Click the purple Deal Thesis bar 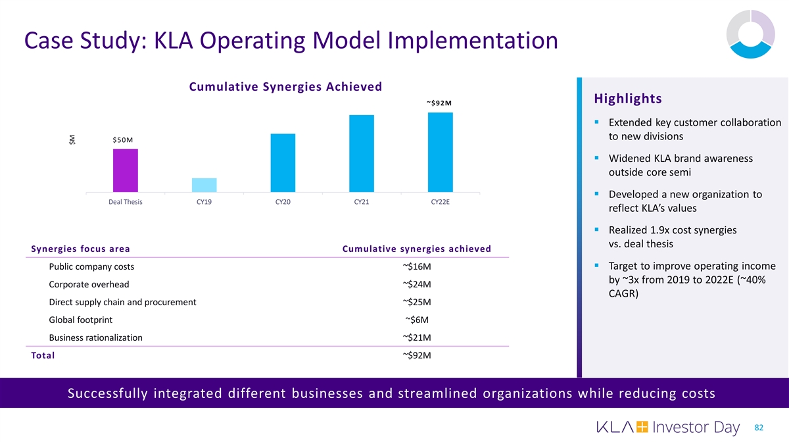pos(125,170)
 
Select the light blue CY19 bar pos(204,185)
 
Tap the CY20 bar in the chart pos(283,162)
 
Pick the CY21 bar pos(362,153)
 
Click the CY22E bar pos(441,152)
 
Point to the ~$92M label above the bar pos(439,103)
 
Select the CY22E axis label pos(440,203)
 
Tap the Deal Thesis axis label pos(125,203)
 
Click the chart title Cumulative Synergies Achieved pos(285,87)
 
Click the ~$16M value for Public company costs pos(417,267)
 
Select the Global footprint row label pos(80,320)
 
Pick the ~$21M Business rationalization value pos(417,338)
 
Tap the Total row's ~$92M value pos(417,356)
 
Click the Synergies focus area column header pos(80,249)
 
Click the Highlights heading pos(627,99)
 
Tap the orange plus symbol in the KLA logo pos(642,428)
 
